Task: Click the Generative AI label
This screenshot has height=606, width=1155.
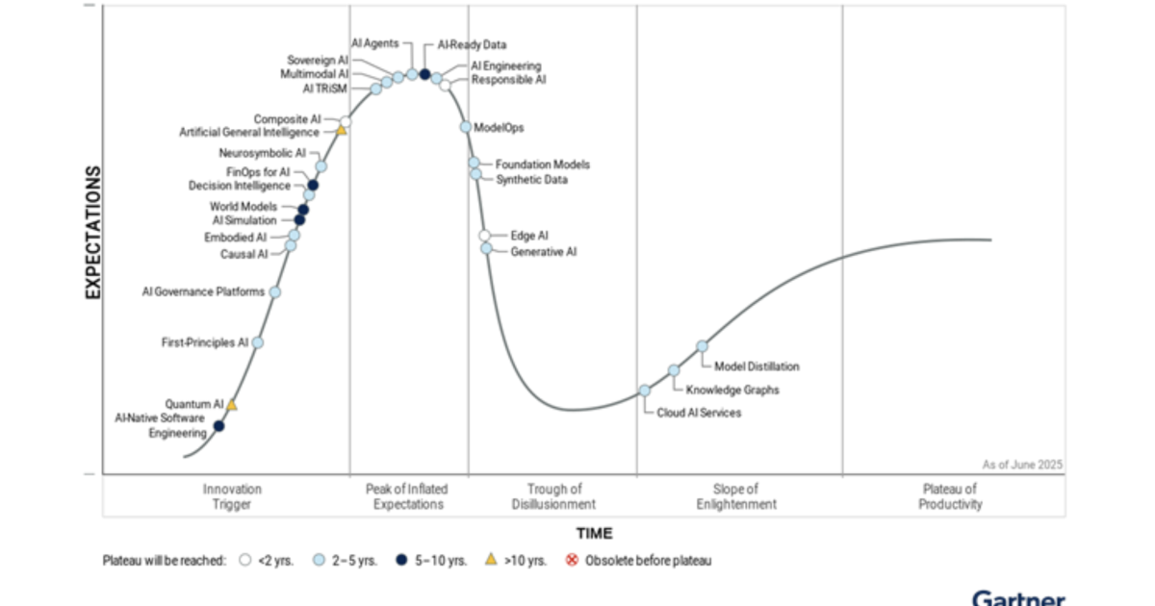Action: pos(544,252)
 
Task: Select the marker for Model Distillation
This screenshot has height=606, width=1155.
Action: pos(702,346)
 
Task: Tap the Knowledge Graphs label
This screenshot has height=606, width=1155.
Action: pos(732,390)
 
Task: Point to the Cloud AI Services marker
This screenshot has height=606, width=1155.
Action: pos(644,391)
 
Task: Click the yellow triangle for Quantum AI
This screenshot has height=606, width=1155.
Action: pos(231,405)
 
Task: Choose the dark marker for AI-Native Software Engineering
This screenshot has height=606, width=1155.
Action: pos(218,425)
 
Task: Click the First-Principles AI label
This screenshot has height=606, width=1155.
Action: pos(204,342)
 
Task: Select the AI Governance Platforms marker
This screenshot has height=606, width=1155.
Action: pos(274,291)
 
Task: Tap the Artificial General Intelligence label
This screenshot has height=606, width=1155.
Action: pos(249,133)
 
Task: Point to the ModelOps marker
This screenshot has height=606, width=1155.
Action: pos(466,127)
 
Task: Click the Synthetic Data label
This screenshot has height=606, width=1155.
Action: pos(531,179)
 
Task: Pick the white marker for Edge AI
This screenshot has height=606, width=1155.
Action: pos(485,236)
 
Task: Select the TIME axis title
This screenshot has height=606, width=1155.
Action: pos(594,533)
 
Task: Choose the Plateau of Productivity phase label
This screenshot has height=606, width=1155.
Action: pos(949,496)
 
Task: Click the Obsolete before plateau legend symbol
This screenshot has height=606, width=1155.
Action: pos(572,560)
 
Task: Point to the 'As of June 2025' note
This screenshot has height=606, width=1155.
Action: pos(1022,464)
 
